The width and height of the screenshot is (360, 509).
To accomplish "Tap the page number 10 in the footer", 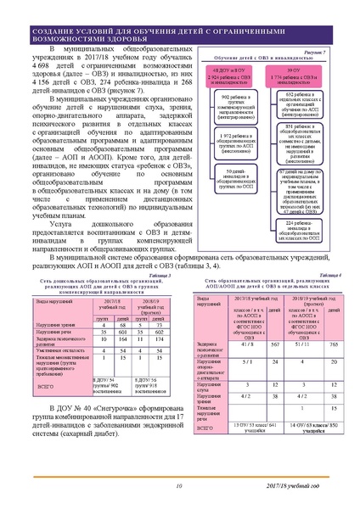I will tap(179, 486).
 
